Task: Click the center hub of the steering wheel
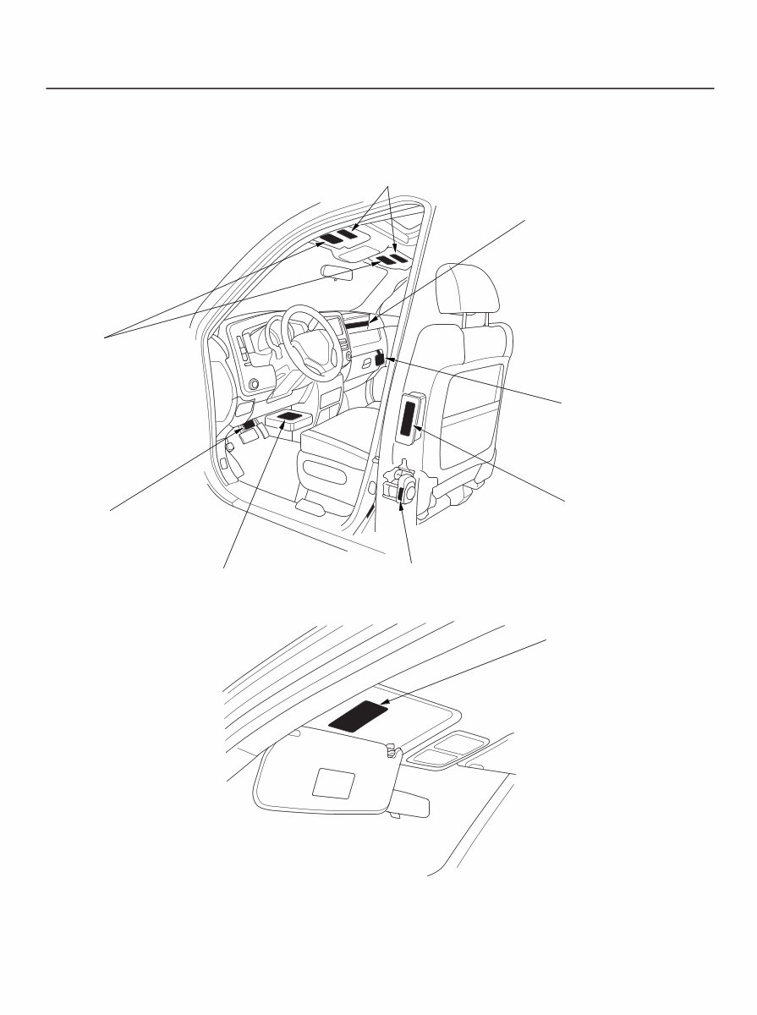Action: (310, 347)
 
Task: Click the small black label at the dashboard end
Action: (380, 359)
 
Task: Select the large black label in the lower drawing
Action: (358, 716)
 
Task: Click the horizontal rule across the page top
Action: (380, 88)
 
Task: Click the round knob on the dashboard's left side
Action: (253, 385)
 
